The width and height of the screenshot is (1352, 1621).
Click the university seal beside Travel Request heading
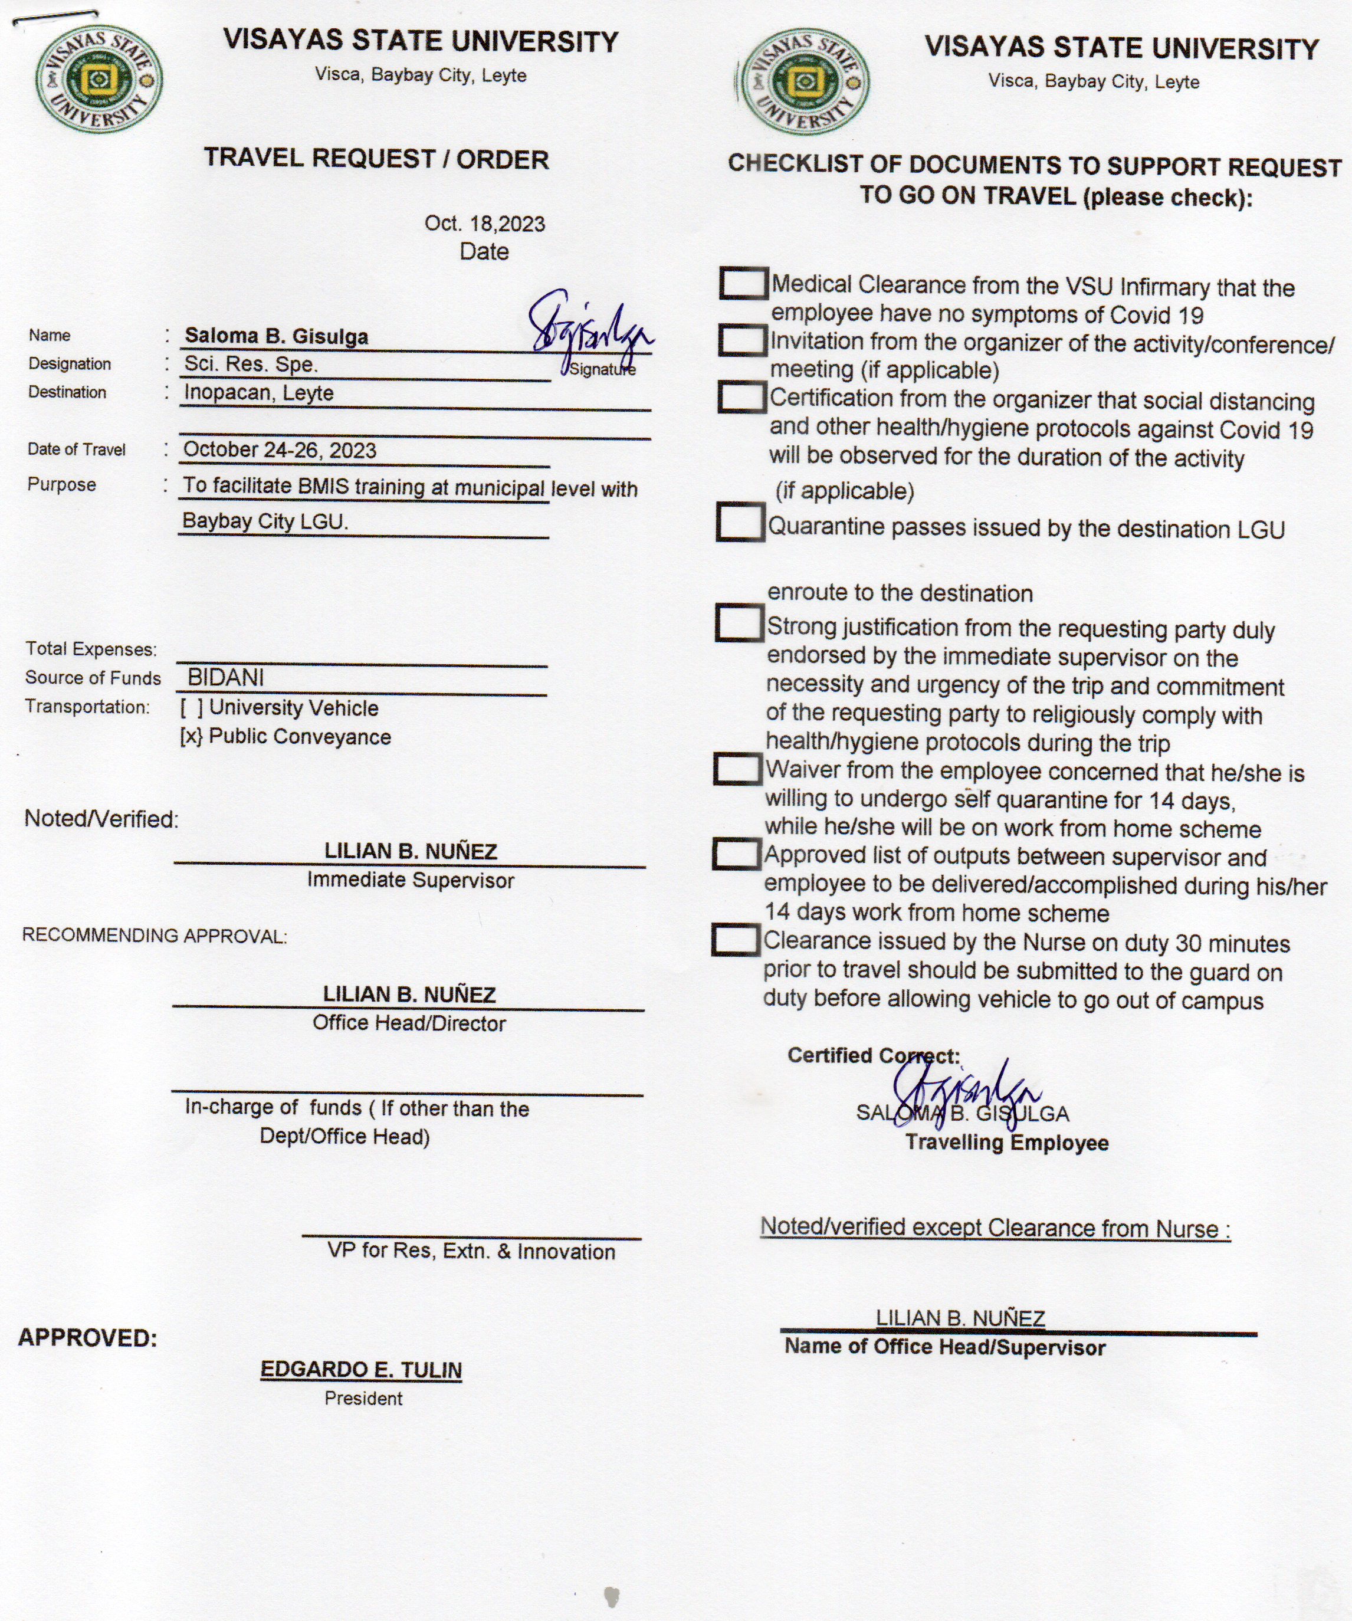click(98, 78)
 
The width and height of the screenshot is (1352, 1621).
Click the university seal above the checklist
click(804, 83)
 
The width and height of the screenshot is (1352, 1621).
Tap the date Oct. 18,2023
click(485, 224)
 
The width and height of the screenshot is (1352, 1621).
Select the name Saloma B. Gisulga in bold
click(276, 337)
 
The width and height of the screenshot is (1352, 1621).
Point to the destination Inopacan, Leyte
click(258, 393)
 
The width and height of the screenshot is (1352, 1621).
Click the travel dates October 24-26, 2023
click(280, 450)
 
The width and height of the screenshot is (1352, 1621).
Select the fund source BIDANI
click(225, 678)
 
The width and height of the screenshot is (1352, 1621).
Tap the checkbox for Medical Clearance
click(743, 283)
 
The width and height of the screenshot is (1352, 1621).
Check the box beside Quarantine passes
click(740, 523)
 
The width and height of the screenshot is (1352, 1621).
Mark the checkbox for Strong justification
click(739, 623)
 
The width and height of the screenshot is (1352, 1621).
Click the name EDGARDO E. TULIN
click(361, 1370)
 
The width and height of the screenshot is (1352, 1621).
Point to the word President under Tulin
click(363, 1399)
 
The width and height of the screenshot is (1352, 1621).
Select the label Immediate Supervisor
click(411, 881)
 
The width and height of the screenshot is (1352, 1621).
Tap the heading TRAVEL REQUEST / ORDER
click(376, 159)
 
